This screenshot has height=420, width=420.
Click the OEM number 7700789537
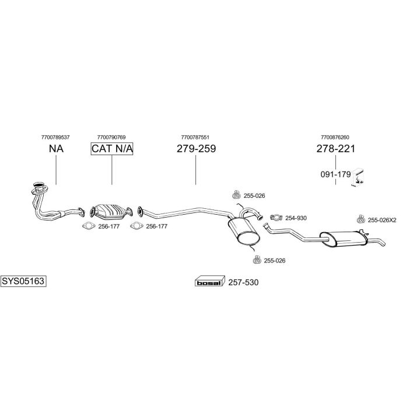coord(55,138)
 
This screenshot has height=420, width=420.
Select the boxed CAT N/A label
coord(112,149)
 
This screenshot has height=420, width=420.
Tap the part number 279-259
coord(196,149)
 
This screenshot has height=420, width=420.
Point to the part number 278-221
coord(335,149)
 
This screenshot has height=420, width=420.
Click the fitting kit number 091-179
coord(335,174)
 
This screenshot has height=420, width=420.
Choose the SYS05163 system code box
coord(23,281)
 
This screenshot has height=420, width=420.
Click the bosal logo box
coord(209,281)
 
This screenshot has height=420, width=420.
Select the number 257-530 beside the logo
coord(243,282)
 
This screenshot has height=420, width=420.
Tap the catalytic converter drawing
coord(111,211)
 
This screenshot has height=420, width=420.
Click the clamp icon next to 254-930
coord(276,218)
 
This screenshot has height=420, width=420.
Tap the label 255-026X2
coord(382,220)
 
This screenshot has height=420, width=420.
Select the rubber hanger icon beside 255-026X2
coord(361,219)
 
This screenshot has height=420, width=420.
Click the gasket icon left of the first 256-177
coord(89,226)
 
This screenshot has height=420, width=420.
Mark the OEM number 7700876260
coord(335,138)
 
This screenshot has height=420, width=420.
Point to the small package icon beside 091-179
coord(359,177)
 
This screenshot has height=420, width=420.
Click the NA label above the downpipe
coord(56,149)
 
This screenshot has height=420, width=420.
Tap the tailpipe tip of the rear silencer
coord(384,244)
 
